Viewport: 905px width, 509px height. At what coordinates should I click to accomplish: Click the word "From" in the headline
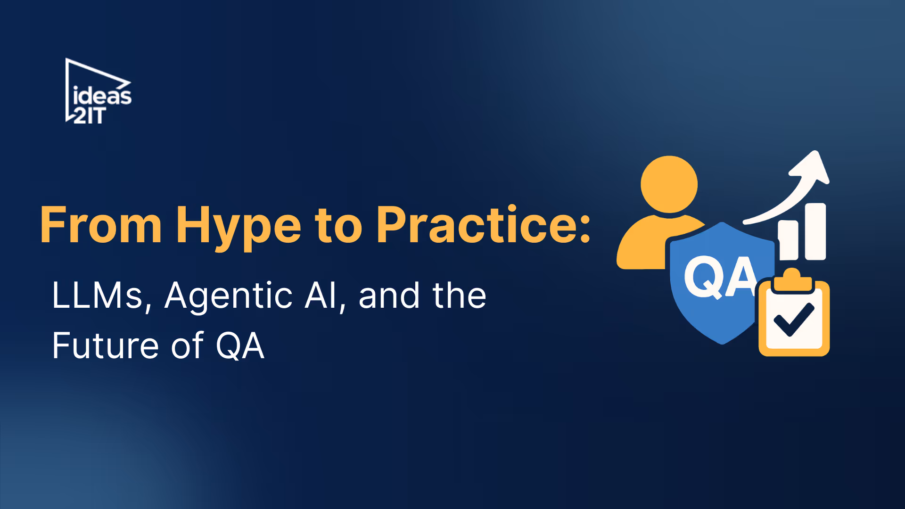(x=101, y=226)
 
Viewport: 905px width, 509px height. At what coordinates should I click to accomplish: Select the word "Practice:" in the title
(x=483, y=226)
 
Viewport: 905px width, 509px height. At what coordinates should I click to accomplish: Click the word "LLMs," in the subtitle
(x=101, y=296)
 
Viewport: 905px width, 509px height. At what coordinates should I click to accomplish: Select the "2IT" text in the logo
(x=89, y=115)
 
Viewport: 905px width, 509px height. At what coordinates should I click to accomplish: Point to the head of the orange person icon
(x=669, y=184)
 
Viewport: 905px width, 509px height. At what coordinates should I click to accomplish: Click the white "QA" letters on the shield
(x=720, y=277)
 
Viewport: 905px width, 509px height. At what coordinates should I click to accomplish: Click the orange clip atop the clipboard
(x=792, y=280)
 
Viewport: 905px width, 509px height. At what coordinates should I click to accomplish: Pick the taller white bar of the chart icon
(x=815, y=231)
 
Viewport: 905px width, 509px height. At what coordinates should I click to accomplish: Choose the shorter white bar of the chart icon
(x=788, y=240)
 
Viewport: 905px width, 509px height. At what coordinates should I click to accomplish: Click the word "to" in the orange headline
(x=338, y=226)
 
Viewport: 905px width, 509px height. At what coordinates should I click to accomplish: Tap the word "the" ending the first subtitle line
(x=460, y=296)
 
